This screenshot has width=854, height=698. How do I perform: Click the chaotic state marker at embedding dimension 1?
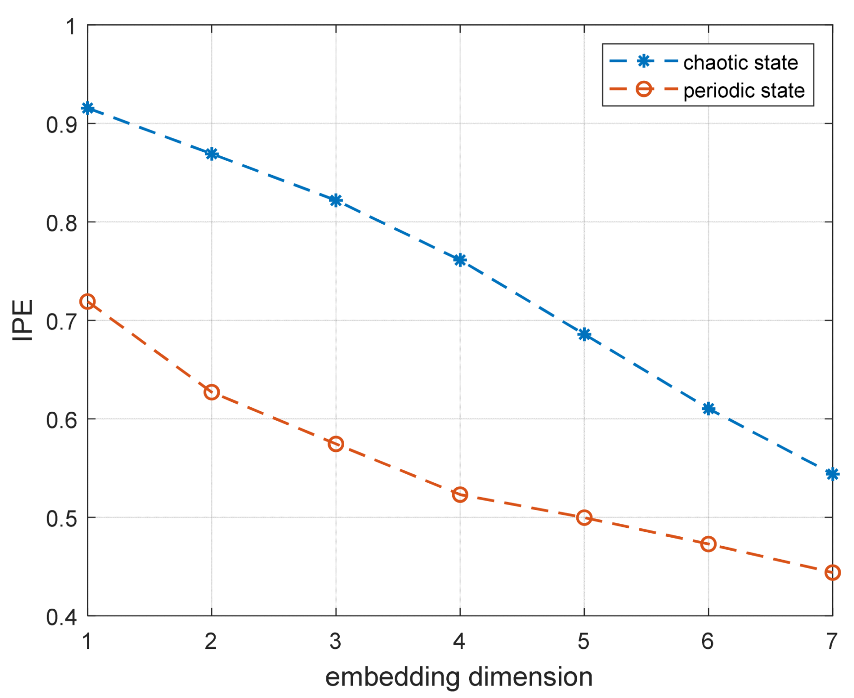click(88, 108)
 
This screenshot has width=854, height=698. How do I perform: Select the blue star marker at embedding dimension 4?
click(460, 260)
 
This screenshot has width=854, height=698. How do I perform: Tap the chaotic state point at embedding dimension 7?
click(832, 474)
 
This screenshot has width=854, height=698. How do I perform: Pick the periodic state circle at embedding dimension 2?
click(212, 392)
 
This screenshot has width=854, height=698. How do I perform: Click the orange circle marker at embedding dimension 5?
click(584, 518)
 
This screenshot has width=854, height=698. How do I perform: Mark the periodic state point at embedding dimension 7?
click(832, 572)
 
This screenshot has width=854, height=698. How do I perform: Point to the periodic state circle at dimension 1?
click(88, 302)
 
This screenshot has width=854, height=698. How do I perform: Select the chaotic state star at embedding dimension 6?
click(708, 409)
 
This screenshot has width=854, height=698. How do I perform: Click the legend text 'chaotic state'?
click(740, 63)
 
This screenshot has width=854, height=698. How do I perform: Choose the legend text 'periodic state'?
click(744, 91)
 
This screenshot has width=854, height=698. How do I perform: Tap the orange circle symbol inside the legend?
click(644, 89)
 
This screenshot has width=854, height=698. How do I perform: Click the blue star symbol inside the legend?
click(644, 62)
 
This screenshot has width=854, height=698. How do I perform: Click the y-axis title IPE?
click(23, 320)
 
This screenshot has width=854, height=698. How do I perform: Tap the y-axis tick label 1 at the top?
click(71, 26)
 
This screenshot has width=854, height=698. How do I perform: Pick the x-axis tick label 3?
click(336, 641)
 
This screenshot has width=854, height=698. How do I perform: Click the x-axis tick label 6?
click(708, 641)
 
